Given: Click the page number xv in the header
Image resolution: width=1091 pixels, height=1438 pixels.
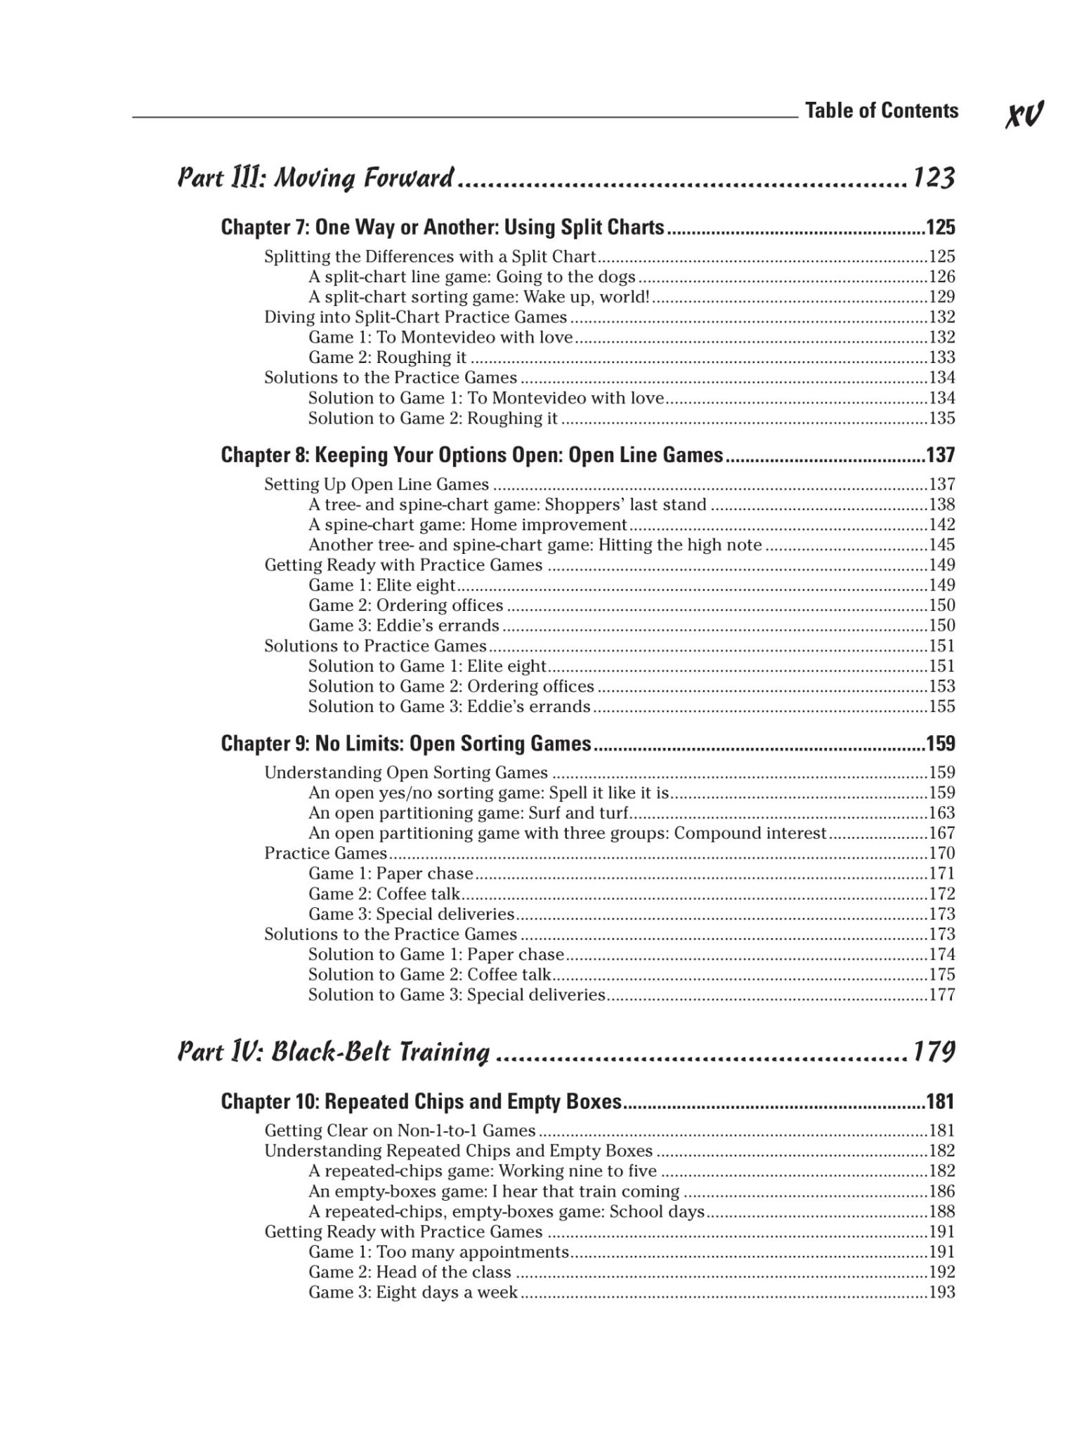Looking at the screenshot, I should (1024, 114).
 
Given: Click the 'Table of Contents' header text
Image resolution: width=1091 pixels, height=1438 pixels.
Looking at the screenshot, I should (881, 111).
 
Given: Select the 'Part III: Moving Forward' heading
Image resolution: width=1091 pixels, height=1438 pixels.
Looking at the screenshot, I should (315, 178).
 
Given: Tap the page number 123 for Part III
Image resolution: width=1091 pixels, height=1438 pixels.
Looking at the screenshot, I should (934, 178).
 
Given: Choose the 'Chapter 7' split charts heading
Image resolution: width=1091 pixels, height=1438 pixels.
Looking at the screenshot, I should (443, 227).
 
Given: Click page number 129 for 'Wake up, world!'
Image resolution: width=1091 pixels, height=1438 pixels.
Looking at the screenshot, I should (942, 297).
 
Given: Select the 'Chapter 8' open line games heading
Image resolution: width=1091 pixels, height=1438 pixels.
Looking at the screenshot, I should (471, 456).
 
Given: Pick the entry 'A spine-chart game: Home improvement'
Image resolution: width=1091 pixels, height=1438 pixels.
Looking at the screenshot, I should (467, 525).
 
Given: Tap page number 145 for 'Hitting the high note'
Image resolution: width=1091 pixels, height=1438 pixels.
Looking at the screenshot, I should (942, 545).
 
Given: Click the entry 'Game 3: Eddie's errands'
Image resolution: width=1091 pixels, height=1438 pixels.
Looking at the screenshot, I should (404, 626).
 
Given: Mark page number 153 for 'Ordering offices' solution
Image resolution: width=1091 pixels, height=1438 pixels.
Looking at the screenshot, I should (942, 687).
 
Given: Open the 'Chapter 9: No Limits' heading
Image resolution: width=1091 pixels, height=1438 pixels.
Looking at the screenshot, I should (406, 744).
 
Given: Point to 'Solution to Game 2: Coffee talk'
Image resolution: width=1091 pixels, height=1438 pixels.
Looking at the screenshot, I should (429, 975).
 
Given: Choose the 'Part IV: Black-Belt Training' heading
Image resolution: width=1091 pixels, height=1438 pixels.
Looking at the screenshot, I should (334, 1052).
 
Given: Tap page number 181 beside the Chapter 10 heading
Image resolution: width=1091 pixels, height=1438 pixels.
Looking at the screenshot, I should (941, 1102).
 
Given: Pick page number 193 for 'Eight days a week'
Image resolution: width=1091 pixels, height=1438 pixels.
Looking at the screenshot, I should (942, 1293).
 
